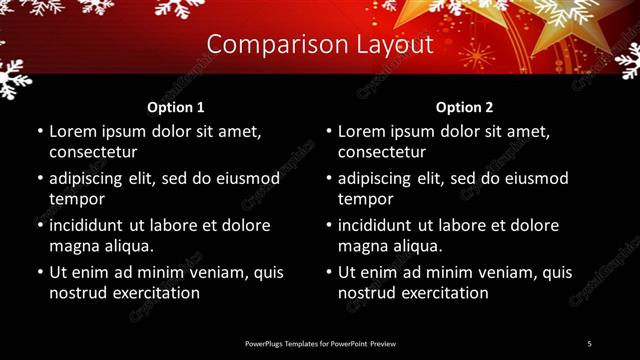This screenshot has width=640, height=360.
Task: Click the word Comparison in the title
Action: click(266, 45)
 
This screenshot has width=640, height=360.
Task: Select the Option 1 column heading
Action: click(176, 107)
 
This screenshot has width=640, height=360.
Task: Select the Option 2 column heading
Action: click(465, 107)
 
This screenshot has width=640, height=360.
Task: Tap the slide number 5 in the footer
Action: click(590, 343)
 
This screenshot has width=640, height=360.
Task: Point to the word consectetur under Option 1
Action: click(93, 152)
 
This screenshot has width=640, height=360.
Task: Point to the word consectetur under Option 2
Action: click(382, 152)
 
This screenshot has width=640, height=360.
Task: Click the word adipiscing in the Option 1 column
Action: click(93, 178)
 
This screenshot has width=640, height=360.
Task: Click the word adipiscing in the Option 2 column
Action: click(382, 178)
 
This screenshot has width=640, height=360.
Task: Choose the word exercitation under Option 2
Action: click(442, 293)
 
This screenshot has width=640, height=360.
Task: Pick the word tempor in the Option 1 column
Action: click(75, 198)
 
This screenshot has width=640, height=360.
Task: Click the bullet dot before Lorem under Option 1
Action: click(39, 132)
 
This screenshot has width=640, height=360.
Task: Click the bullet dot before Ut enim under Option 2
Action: click(328, 272)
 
